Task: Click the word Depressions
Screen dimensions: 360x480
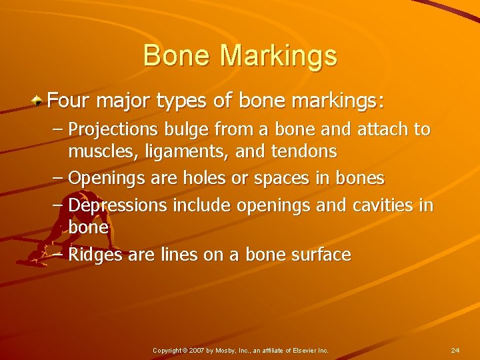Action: [118, 205]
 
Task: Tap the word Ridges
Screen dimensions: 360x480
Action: [95, 255]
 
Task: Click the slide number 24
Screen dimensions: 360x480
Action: [455, 350]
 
